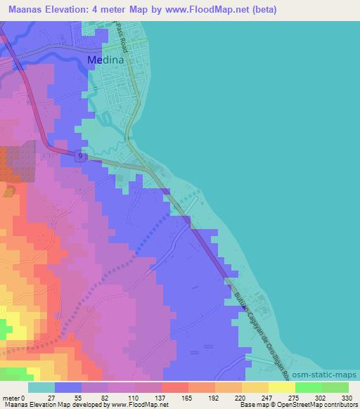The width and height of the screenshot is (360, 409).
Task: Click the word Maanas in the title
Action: pos(25,10)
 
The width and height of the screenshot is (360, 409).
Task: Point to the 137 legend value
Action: pos(161,398)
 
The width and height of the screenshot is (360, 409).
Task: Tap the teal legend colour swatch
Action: pos(41,387)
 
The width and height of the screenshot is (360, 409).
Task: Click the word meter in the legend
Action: pos(11,398)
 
